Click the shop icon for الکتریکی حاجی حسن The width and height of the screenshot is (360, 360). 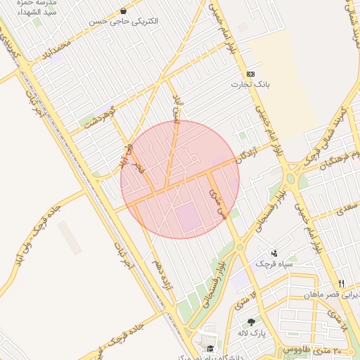124,11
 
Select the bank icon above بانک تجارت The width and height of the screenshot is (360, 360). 251,74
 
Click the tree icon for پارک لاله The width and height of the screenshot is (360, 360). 251,322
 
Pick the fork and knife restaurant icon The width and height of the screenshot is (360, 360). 342,283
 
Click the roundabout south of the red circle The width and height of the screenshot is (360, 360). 240,246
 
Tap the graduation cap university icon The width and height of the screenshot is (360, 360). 210,348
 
